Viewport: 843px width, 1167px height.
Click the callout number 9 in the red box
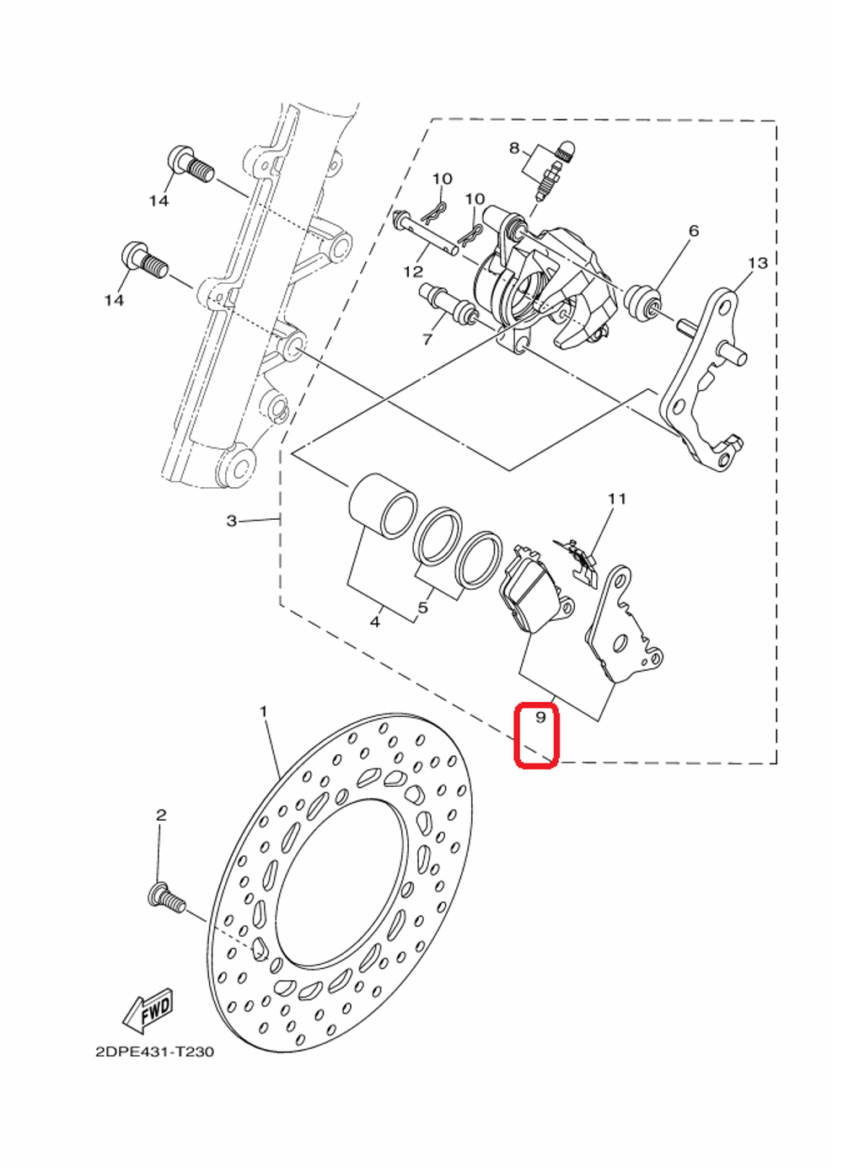540,717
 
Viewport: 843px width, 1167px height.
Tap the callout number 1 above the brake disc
263,712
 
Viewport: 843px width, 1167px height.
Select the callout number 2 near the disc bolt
161,815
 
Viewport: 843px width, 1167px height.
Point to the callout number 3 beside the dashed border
232,521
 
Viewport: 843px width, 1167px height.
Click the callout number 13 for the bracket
757,264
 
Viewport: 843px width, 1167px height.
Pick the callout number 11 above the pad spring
617,499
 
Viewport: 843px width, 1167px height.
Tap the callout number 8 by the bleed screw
514,149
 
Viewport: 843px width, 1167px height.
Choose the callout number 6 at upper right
694,231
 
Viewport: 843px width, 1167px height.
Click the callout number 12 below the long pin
413,271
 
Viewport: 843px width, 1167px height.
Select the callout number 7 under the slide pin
427,340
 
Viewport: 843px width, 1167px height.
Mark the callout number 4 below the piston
374,622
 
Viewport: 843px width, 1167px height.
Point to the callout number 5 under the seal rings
423,608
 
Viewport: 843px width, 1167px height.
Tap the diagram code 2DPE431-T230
155,1052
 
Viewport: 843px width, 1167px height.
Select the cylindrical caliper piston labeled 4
384,505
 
